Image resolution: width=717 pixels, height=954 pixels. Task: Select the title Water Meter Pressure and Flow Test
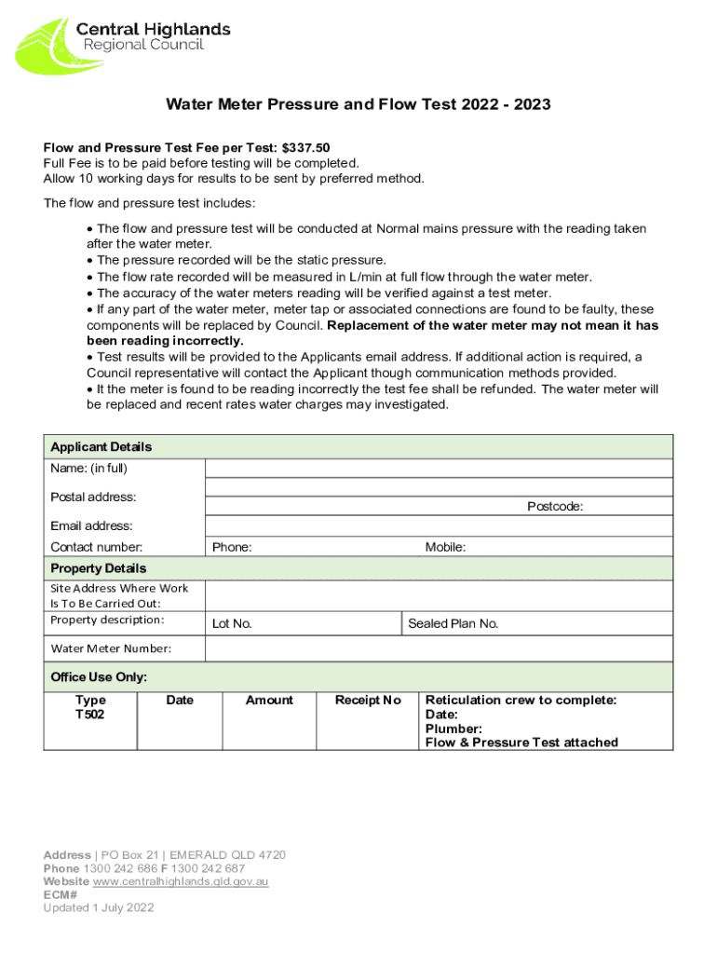[358, 104]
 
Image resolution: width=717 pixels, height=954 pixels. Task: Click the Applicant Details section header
[101, 447]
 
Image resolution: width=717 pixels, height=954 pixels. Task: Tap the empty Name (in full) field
[438, 468]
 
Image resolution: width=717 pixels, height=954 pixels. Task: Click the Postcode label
[555, 507]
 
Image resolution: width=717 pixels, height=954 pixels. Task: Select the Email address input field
[438, 526]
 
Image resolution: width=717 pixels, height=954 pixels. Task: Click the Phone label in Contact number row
[232, 548]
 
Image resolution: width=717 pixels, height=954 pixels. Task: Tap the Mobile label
[445, 548]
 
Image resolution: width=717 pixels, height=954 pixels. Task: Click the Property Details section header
[98, 568]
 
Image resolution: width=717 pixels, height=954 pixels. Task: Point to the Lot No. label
[232, 624]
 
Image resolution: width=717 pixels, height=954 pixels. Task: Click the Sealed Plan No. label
[453, 624]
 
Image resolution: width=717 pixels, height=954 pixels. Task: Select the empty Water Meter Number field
[438, 648]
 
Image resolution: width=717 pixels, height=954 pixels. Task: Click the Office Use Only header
[99, 677]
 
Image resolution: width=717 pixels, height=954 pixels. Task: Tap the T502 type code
[90, 715]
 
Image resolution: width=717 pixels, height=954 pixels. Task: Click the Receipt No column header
[368, 701]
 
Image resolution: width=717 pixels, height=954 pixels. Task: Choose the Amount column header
[269, 701]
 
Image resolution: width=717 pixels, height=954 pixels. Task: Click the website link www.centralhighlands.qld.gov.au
[181, 881]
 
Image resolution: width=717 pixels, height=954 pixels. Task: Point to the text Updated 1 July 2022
[99, 907]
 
